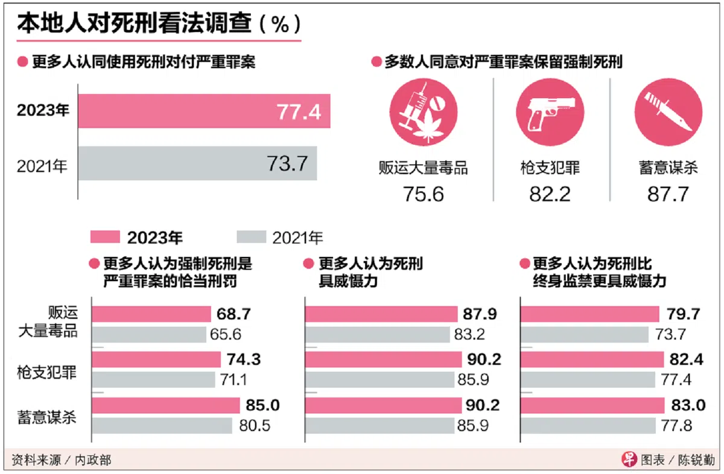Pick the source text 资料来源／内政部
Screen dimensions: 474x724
coord(61,460)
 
